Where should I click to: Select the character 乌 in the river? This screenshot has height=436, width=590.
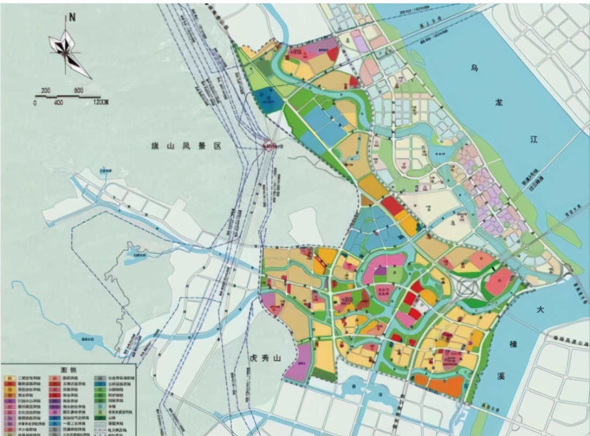tap(474, 68)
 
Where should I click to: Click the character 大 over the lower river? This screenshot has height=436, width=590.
tap(541, 310)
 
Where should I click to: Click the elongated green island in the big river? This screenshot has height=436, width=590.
tap(563, 229)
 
